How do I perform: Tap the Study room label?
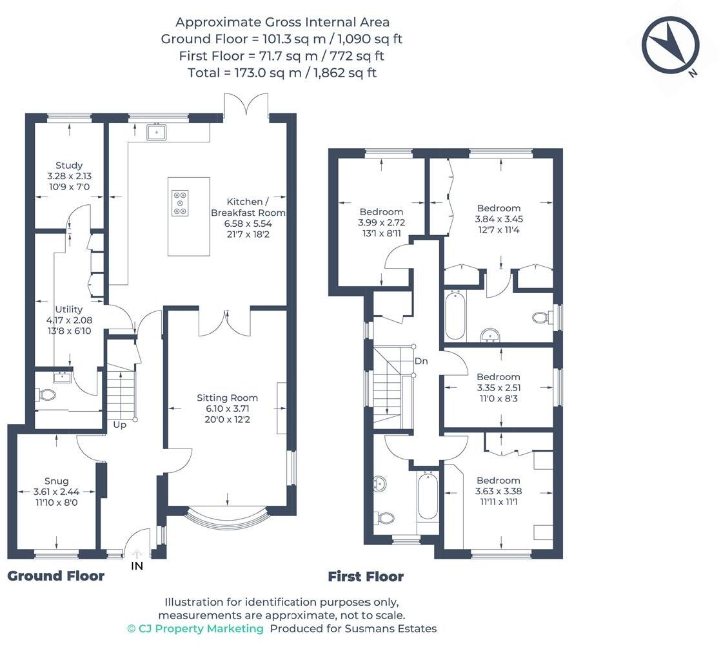tap(69, 166)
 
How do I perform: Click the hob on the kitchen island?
tap(180, 202)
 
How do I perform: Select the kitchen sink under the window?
tap(157, 132)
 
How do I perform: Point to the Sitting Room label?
tap(227, 398)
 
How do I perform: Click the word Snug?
tap(57, 481)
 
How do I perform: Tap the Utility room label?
tap(69, 310)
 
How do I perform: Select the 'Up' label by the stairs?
tap(120, 425)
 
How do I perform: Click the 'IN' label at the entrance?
tap(137, 566)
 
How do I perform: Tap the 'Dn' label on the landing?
tap(421, 361)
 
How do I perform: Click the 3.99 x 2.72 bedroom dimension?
tap(381, 222)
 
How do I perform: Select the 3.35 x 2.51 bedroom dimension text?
tap(498, 388)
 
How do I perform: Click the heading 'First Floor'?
tap(366, 577)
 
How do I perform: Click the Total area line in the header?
tap(282, 73)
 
